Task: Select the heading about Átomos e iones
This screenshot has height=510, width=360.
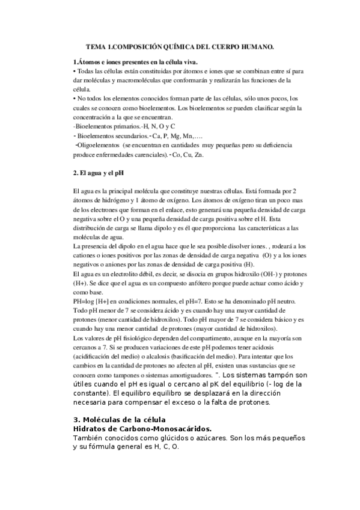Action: click(135, 62)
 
